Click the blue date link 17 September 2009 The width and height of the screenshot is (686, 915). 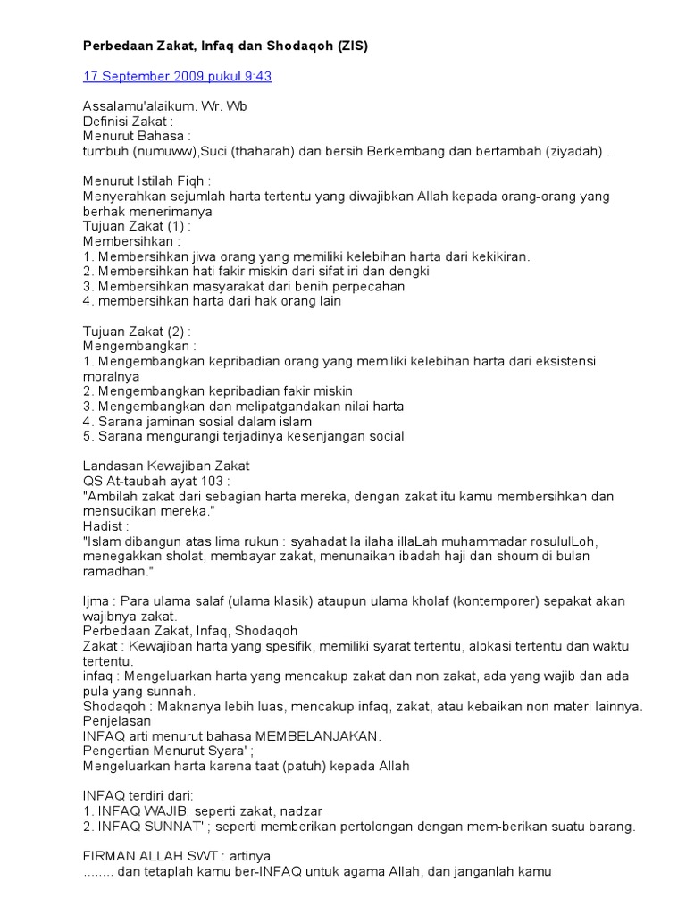click(x=177, y=76)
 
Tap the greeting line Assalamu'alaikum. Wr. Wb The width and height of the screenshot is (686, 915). click(x=165, y=106)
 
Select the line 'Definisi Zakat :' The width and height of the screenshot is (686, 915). click(x=128, y=122)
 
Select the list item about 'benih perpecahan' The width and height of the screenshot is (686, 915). click(x=244, y=287)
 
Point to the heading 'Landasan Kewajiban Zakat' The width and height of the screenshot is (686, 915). click(x=166, y=466)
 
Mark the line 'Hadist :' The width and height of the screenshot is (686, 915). click(x=106, y=526)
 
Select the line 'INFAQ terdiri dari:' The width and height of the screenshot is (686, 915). click(x=138, y=796)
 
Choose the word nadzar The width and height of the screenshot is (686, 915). click(x=304, y=811)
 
